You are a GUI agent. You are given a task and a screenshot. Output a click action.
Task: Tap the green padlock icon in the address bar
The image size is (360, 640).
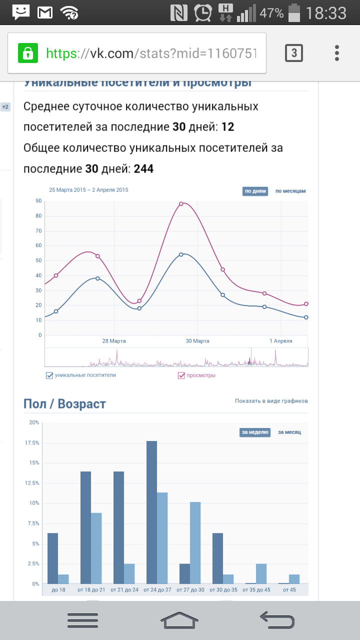28,53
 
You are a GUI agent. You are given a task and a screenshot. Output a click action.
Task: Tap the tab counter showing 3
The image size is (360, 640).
294,53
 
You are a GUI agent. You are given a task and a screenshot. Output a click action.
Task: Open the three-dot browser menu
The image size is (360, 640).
337,53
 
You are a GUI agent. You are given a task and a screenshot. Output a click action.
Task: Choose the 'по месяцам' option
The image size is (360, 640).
290,191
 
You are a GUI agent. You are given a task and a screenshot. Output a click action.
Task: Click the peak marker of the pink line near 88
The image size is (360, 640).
181,203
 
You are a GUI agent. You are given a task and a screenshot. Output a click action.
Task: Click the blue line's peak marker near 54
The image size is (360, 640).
181,254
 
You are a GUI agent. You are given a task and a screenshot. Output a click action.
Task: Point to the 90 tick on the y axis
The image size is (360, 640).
38,201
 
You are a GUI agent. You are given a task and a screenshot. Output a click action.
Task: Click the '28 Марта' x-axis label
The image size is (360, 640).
114,341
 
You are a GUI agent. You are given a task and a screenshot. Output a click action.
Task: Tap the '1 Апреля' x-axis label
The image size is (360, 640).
280,341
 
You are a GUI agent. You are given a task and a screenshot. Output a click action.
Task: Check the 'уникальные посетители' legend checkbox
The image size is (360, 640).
49,375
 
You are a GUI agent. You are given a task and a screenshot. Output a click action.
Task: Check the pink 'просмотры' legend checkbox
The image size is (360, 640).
181,375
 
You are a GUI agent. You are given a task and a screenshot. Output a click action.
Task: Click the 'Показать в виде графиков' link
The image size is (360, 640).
271,401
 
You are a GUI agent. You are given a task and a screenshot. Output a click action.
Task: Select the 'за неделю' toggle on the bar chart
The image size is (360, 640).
255,432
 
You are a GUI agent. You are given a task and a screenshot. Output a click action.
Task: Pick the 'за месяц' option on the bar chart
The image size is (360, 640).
289,432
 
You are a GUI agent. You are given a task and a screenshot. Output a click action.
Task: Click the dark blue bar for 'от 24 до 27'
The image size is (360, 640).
151,512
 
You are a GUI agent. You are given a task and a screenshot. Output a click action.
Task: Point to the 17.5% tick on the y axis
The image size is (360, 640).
33,443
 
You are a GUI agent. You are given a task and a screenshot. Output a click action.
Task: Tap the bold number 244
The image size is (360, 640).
143,169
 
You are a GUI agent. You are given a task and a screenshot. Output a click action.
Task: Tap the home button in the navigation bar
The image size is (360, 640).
179,620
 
